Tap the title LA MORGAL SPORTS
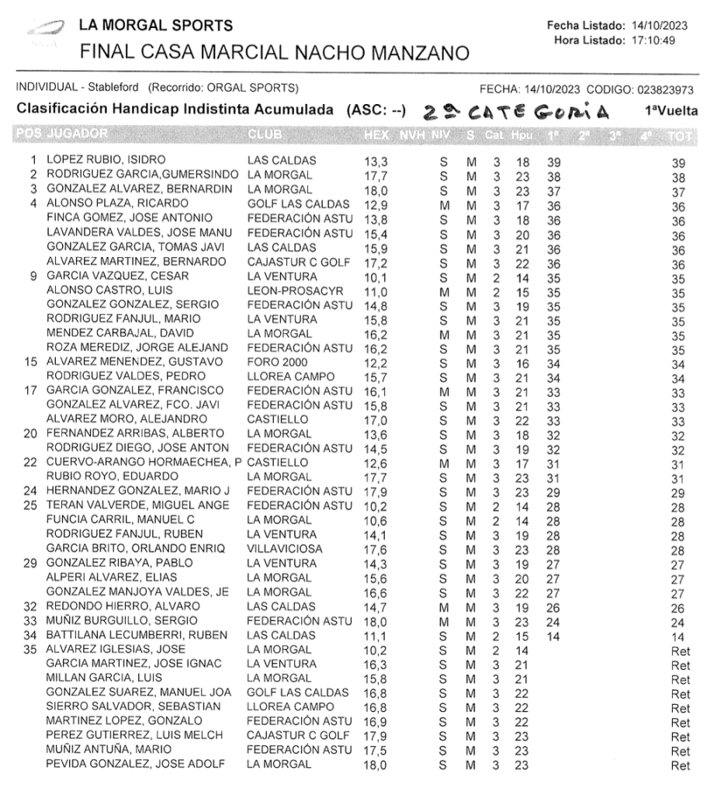point(161,26)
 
